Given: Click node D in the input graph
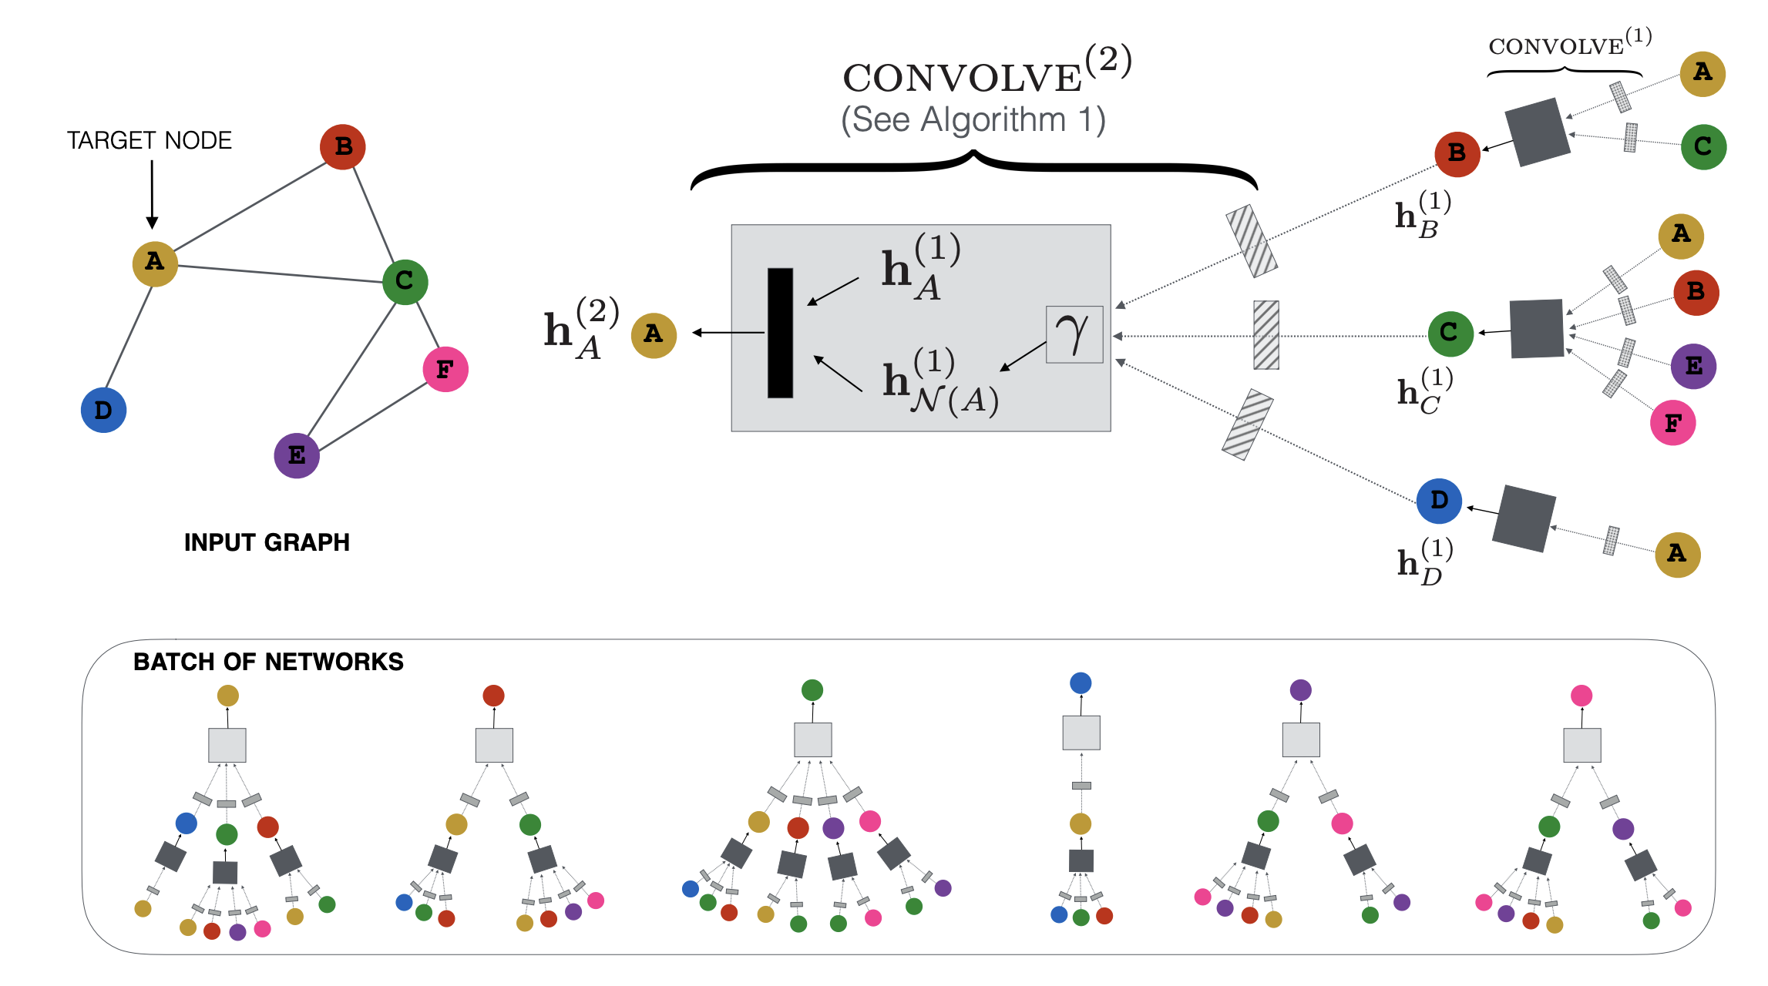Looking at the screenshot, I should (103, 410).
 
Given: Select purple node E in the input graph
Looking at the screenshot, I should (297, 455).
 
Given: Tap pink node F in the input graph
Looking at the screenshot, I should (445, 369).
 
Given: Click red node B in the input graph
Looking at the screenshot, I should (343, 146).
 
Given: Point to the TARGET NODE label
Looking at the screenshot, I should (149, 140).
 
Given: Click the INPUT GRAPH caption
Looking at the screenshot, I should (267, 542).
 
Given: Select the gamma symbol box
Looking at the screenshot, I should (1074, 334).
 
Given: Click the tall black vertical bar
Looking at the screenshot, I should (780, 333).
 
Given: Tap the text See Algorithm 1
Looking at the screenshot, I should (973, 120).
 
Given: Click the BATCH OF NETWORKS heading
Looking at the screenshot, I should (268, 662).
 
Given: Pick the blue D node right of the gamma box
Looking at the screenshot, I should (1439, 501).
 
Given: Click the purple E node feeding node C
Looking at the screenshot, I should (1693, 366).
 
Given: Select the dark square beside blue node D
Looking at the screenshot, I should (1524, 518).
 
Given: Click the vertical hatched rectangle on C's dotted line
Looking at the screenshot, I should (1265, 335).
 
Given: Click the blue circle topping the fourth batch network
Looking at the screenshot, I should (1081, 682).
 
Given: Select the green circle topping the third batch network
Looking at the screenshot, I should (812, 689).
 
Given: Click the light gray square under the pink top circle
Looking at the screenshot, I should (1581, 745).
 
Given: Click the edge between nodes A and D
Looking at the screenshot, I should (129, 337).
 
